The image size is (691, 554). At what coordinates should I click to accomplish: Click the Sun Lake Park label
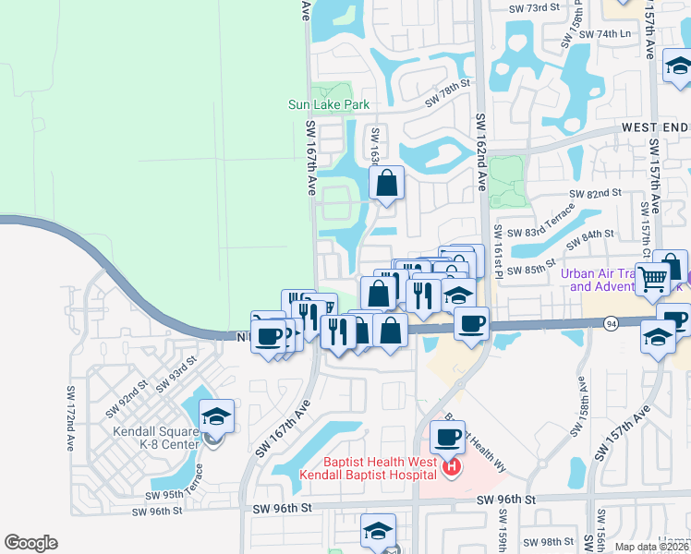tap(329, 105)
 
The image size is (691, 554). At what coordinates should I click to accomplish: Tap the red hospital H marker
tap(452, 468)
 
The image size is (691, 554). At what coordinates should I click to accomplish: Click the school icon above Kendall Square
tap(216, 417)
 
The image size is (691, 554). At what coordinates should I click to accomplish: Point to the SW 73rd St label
tap(536, 7)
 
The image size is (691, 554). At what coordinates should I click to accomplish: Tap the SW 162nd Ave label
tap(480, 151)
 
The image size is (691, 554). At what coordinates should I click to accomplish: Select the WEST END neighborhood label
tap(655, 126)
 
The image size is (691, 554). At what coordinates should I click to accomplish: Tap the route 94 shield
tap(612, 324)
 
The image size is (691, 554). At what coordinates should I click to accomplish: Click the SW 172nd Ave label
tap(70, 418)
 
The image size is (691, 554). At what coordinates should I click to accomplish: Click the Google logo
tap(30, 543)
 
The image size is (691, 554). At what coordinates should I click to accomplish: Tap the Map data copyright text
tap(651, 547)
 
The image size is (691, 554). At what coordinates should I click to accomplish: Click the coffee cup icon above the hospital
tap(448, 437)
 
